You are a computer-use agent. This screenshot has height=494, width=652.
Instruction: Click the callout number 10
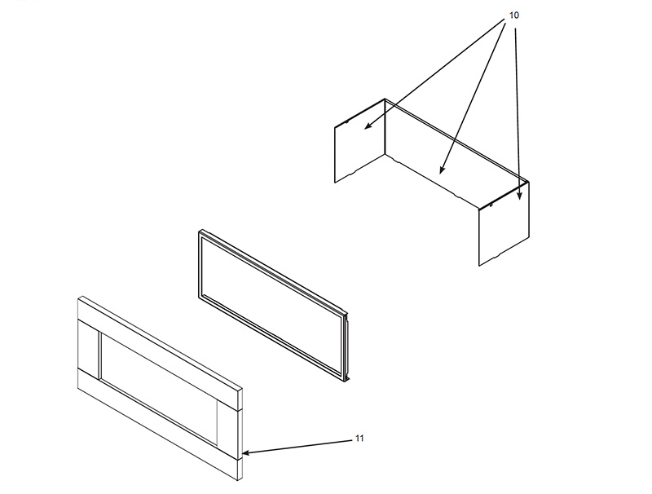[514, 15]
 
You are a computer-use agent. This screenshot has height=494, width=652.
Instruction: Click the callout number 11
[359, 439]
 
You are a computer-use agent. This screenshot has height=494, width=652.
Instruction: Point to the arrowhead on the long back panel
[442, 170]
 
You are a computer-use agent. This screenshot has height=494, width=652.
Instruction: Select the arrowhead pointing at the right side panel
[519, 195]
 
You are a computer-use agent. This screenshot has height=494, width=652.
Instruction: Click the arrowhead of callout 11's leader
[246, 453]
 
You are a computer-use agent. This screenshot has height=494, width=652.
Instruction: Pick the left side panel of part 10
[360, 140]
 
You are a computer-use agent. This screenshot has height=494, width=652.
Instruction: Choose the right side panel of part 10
[504, 223]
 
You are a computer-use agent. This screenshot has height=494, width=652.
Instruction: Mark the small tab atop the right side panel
[491, 204]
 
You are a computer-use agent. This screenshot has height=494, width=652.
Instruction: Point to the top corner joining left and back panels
[385, 99]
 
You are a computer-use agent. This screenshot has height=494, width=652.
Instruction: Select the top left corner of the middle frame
[200, 231]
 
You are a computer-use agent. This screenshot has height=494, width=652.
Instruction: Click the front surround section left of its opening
[89, 349]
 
